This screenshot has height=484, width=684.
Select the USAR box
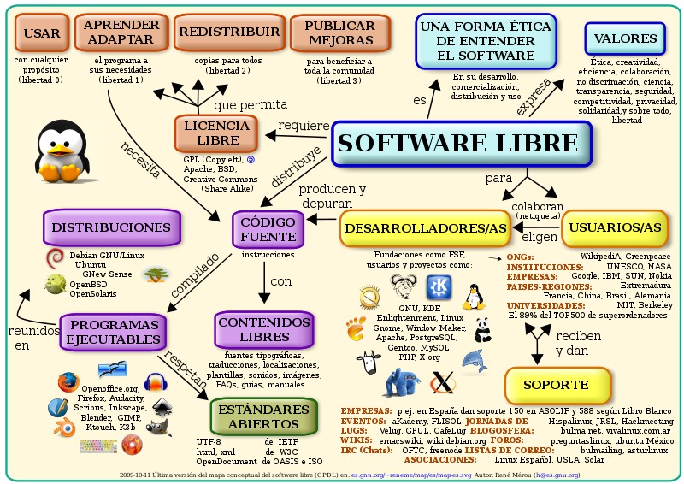pos(42,33)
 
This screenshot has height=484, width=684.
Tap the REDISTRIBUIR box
pos(228,32)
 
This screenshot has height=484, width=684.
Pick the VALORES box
pos(626,38)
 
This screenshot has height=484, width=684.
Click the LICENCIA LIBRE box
pos(217,133)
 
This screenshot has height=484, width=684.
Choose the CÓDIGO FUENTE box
pos(267,228)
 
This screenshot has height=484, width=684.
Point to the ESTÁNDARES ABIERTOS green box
pos(264,416)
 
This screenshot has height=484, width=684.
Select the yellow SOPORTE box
pos(557,385)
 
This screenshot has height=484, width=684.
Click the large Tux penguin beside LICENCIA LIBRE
pos(60,152)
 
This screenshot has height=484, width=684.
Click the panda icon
pos(482,328)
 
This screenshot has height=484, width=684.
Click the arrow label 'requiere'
pos(303,126)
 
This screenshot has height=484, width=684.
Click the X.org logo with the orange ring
pos(442,385)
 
